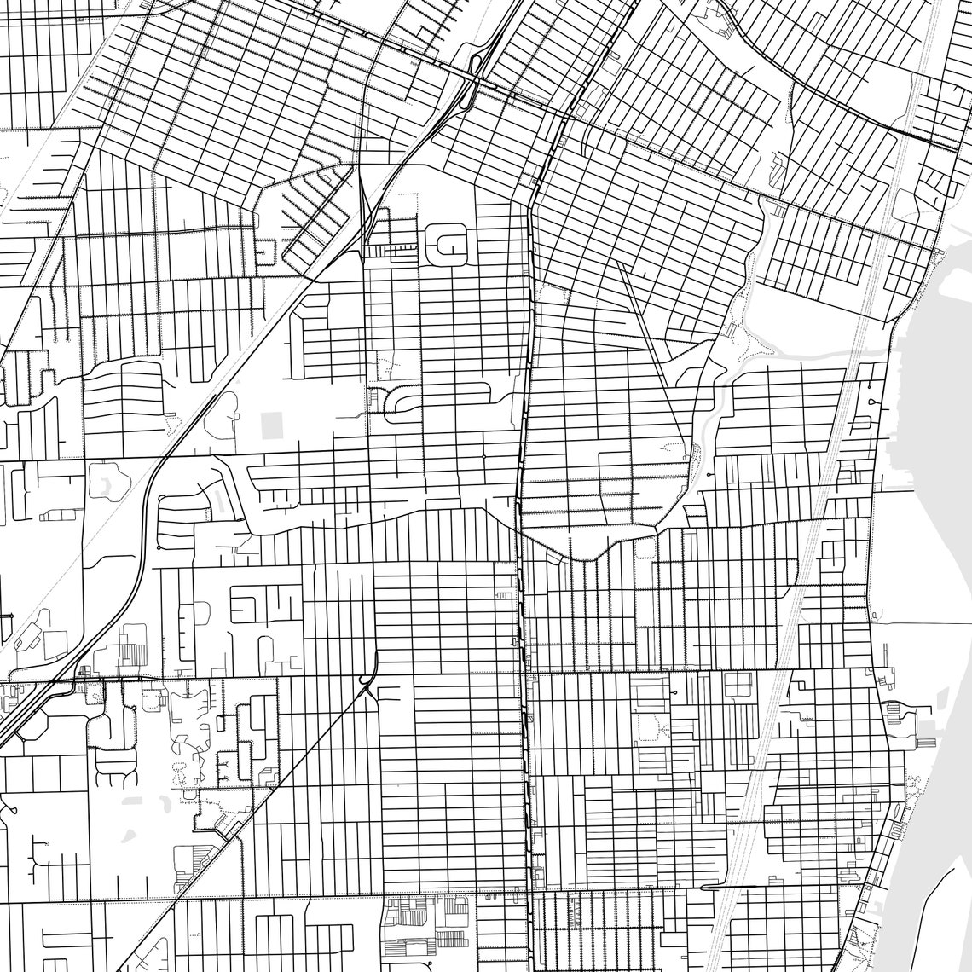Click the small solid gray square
(x=272, y=424)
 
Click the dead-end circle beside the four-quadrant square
(x=674, y=693)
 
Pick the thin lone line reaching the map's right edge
(x=921, y=623)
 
